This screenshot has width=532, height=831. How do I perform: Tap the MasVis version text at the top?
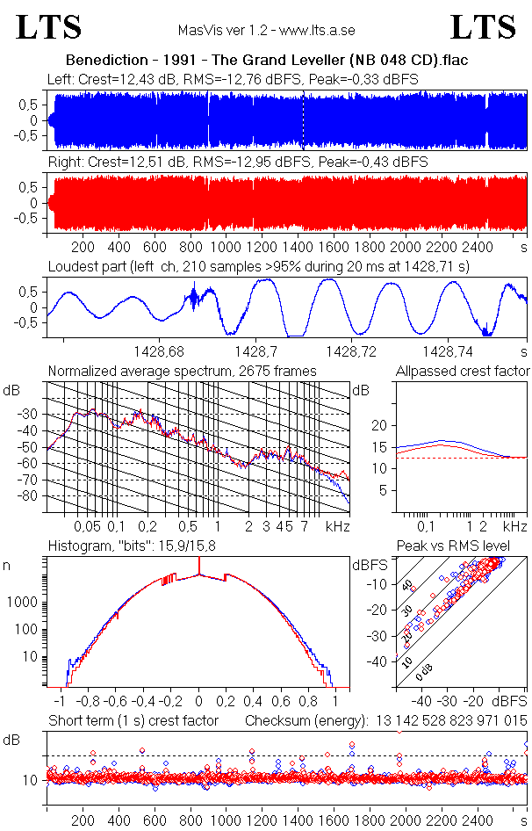(x=266, y=31)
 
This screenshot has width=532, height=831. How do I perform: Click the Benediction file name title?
(x=266, y=61)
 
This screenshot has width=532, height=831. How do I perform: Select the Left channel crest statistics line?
(x=233, y=80)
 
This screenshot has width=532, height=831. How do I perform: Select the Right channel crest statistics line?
(x=237, y=163)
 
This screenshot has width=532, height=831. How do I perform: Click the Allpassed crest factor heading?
(x=463, y=372)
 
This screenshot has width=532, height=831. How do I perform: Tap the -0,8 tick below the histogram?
(x=87, y=702)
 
